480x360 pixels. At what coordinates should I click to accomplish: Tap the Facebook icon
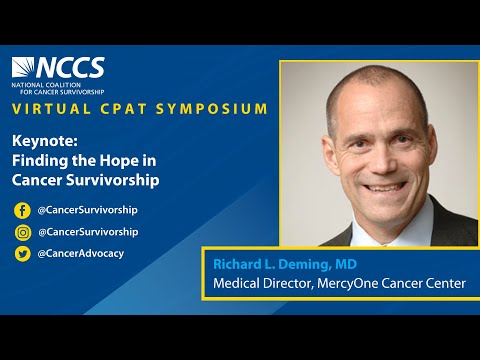point(22,210)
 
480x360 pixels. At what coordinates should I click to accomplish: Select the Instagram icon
point(22,231)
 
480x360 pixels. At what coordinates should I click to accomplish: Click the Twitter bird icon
point(22,253)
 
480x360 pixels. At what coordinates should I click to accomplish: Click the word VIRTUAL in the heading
point(48,108)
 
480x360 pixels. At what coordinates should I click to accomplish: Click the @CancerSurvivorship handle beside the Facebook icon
point(87,210)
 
